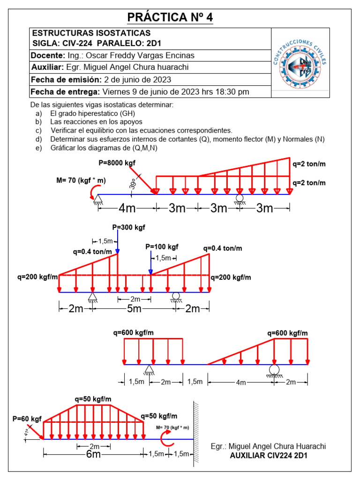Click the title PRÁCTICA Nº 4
(x=171, y=17)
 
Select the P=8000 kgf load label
(x=117, y=163)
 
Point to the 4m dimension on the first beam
(x=127, y=208)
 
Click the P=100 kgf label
(x=162, y=247)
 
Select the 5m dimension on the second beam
(x=134, y=308)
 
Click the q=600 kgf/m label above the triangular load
(x=287, y=333)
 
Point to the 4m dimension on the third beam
(x=240, y=382)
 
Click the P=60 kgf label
(x=27, y=418)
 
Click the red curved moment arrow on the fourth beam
(x=165, y=439)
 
